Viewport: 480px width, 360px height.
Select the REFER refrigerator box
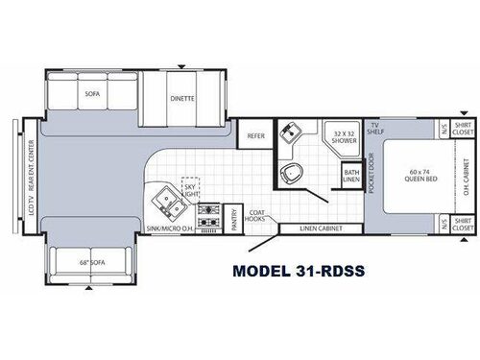[255, 136]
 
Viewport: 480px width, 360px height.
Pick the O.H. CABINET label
[463, 177]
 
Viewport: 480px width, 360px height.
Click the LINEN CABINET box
[321, 228]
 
